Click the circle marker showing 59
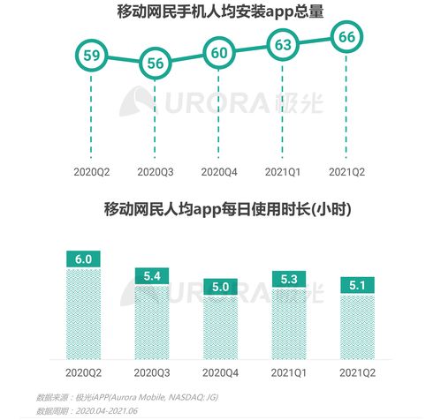pos(90,55)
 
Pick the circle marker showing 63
pos(284,44)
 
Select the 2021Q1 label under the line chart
pos(284,170)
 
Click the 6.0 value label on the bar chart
pos(84,259)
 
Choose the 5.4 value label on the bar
pos(151,275)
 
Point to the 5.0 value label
pos(218,287)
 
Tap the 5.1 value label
pos(356,285)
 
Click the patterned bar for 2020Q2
pos(84,313)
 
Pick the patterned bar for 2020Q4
pos(218,326)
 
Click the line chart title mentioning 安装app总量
pos(220,12)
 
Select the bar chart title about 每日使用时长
pos(220,209)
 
